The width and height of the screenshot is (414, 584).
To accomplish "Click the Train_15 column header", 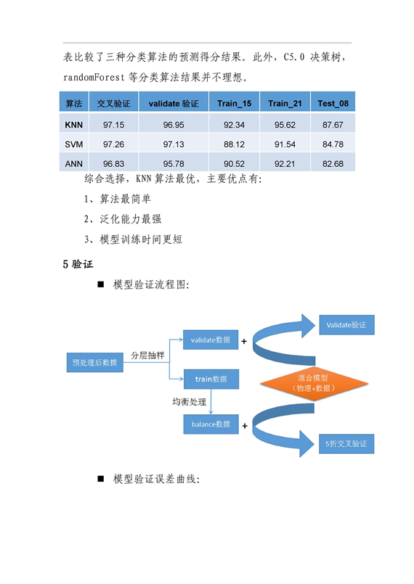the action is [x=234, y=103].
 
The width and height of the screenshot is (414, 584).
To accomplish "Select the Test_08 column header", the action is [x=333, y=103].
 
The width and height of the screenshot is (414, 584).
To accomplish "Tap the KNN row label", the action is [x=74, y=125].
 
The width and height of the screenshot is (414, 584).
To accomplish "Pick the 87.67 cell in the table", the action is [x=333, y=125].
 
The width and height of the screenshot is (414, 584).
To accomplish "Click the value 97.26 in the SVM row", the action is [x=114, y=144].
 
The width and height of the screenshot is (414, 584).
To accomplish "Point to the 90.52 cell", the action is [x=234, y=163].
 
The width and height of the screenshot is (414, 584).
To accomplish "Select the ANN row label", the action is [x=74, y=163].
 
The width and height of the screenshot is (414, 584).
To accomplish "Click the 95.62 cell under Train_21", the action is [x=285, y=125].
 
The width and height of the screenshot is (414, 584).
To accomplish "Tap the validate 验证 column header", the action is [x=174, y=103].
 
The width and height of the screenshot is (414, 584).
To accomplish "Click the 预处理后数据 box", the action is [x=94, y=363].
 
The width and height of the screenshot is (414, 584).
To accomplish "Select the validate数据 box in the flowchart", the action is [x=211, y=340].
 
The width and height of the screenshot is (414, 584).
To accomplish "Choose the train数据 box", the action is [x=211, y=379].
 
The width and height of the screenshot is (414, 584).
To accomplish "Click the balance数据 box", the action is [x=211, y=424].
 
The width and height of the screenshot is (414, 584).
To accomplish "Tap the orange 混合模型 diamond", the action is [x=314, y=383].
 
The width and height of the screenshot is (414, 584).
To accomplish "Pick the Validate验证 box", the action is [x=346, y=325].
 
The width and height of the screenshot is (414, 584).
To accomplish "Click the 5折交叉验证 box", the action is [x=346, y=443].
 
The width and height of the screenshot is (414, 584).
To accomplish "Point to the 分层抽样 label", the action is [x=147, y=355].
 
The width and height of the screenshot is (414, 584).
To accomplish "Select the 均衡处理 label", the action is [x=189, y=402].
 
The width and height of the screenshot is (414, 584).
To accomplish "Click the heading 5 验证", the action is [x=78, y=265].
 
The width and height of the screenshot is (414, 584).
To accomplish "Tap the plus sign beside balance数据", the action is [x=245, y=426].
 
